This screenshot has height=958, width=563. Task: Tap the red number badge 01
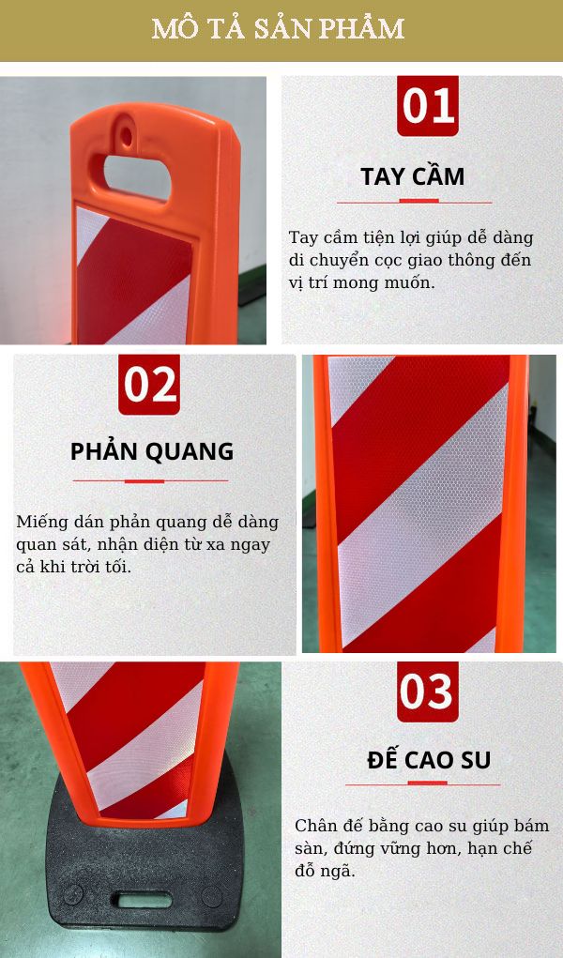[x=428, y=105]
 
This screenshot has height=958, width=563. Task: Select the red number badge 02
[x=148, y=385]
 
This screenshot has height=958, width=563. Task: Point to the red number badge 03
[x=427, y=692]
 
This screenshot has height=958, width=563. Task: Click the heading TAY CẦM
[x=413, y=176]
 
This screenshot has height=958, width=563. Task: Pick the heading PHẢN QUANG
[x=152, y=451]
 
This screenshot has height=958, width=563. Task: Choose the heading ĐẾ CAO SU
[x=429, y=759]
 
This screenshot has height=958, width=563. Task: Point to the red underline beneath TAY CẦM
[x=414, y=201]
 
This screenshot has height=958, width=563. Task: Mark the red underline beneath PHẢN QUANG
[x=150, y=480]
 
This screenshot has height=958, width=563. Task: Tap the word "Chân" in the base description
[x=315, y=826]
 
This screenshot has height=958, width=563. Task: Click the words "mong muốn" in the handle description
[x=392, y=281]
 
